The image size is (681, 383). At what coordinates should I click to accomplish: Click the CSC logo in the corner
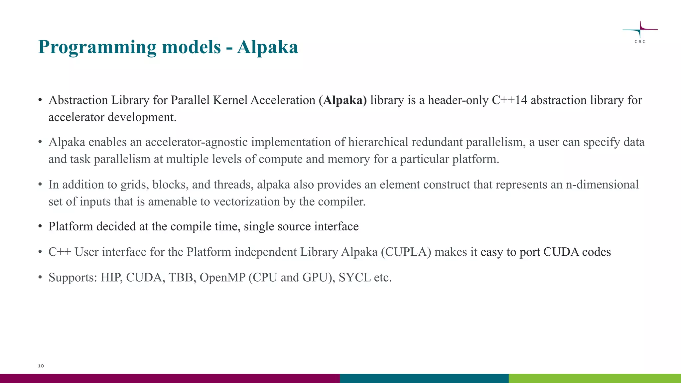640,32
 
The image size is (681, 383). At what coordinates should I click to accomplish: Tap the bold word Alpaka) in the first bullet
345,100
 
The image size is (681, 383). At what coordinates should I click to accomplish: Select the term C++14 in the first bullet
509,100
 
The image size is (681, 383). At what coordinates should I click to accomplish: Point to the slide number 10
41,366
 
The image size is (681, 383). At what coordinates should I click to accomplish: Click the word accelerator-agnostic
196,142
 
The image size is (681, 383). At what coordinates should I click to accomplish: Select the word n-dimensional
602,185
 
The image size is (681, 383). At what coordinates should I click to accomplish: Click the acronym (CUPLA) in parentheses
406,252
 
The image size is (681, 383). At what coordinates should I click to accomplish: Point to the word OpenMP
222,277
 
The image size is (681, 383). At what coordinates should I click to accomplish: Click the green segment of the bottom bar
595,378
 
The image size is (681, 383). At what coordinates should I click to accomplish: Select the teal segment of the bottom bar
424,378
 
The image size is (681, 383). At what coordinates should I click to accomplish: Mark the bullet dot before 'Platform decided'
40,226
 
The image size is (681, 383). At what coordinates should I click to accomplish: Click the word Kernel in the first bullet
230,100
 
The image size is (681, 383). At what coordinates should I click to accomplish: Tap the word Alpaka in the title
267,47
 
